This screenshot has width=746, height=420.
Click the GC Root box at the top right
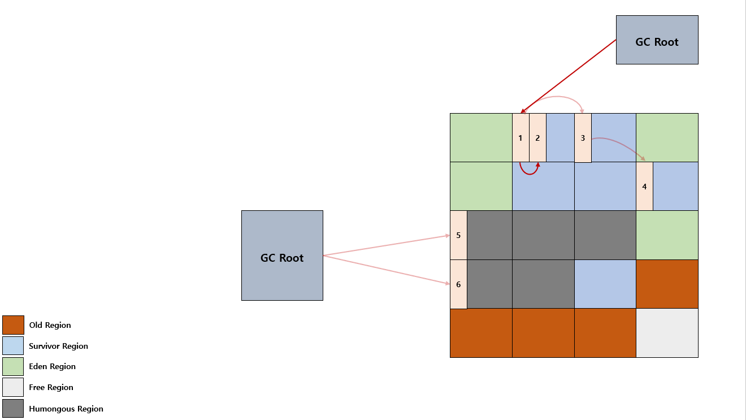[x=657, y=40]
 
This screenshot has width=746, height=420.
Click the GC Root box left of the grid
[x=282, y=256]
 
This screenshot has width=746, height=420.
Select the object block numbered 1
[x=521, y=137]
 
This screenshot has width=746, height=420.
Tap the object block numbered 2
[x=537, y=137]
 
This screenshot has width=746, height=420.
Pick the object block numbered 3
[x=583, y=138]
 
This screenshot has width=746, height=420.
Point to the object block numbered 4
[x=644, y=186]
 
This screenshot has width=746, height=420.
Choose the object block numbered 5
[x=458, y=235]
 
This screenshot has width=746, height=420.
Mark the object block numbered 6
[x=458, y=284]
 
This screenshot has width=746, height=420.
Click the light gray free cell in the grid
[x=667, y=333]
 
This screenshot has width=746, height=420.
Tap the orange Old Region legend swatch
[x=13, y=324]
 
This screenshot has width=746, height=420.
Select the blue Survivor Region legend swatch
[x=13, y=345]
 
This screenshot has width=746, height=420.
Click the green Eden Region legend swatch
[x=13, y=366]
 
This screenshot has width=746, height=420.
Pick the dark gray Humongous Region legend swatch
[x=13, y=408]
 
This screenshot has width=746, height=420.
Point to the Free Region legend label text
[x=51, y=387]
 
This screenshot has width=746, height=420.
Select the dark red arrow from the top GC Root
[x=569, y=76]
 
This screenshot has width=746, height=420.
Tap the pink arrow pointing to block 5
[x=387, y=245]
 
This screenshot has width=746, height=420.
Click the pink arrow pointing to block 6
[x=387, y=270]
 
